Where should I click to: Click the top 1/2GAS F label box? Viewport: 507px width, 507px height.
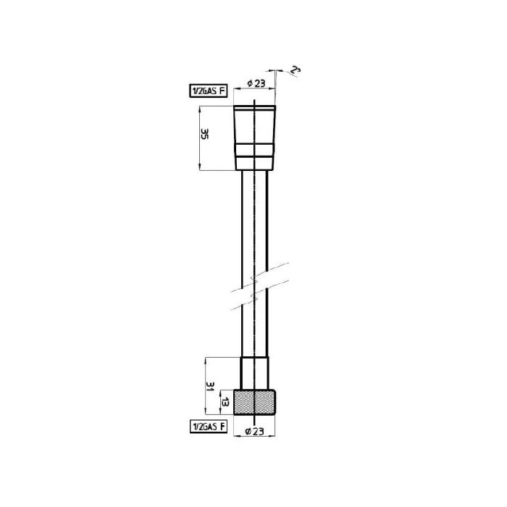click(x=209, y=91)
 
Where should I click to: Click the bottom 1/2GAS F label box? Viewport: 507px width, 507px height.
click(x=209, y=427)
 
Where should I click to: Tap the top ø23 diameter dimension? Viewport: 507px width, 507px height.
click(x=256, y=83)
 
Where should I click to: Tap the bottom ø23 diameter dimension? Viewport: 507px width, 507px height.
click(x=255, y=431)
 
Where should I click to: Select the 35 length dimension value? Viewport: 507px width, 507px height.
click(x=205, y=133)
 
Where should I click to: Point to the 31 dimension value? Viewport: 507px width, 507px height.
click(x=210, y=386)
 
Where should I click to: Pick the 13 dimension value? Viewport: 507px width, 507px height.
click(x=225, y=403)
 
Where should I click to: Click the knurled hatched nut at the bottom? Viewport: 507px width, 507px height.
click(x=255, y=402)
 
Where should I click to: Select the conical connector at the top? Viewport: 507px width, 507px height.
click(x=255, y=138)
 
